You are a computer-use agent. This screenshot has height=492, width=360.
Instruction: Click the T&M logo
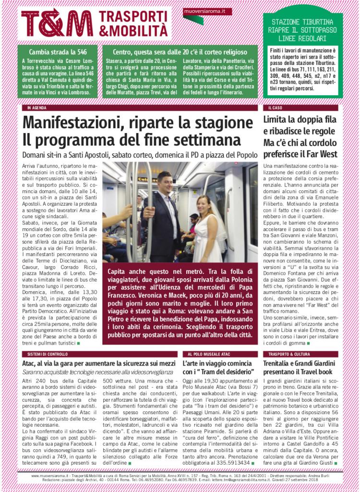click(57, 23)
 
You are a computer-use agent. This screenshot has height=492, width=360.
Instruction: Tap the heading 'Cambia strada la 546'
click(57, 52)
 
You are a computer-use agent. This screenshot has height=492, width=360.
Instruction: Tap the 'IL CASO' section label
click(275, 108)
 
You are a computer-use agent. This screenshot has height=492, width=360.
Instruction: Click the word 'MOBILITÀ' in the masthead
click(137, 30)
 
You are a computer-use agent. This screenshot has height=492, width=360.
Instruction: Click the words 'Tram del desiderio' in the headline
click(226, 372)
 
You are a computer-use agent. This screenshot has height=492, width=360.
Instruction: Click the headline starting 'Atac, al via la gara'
click(98, 363)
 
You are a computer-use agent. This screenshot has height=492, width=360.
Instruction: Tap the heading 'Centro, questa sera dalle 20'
click(180, 52)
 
